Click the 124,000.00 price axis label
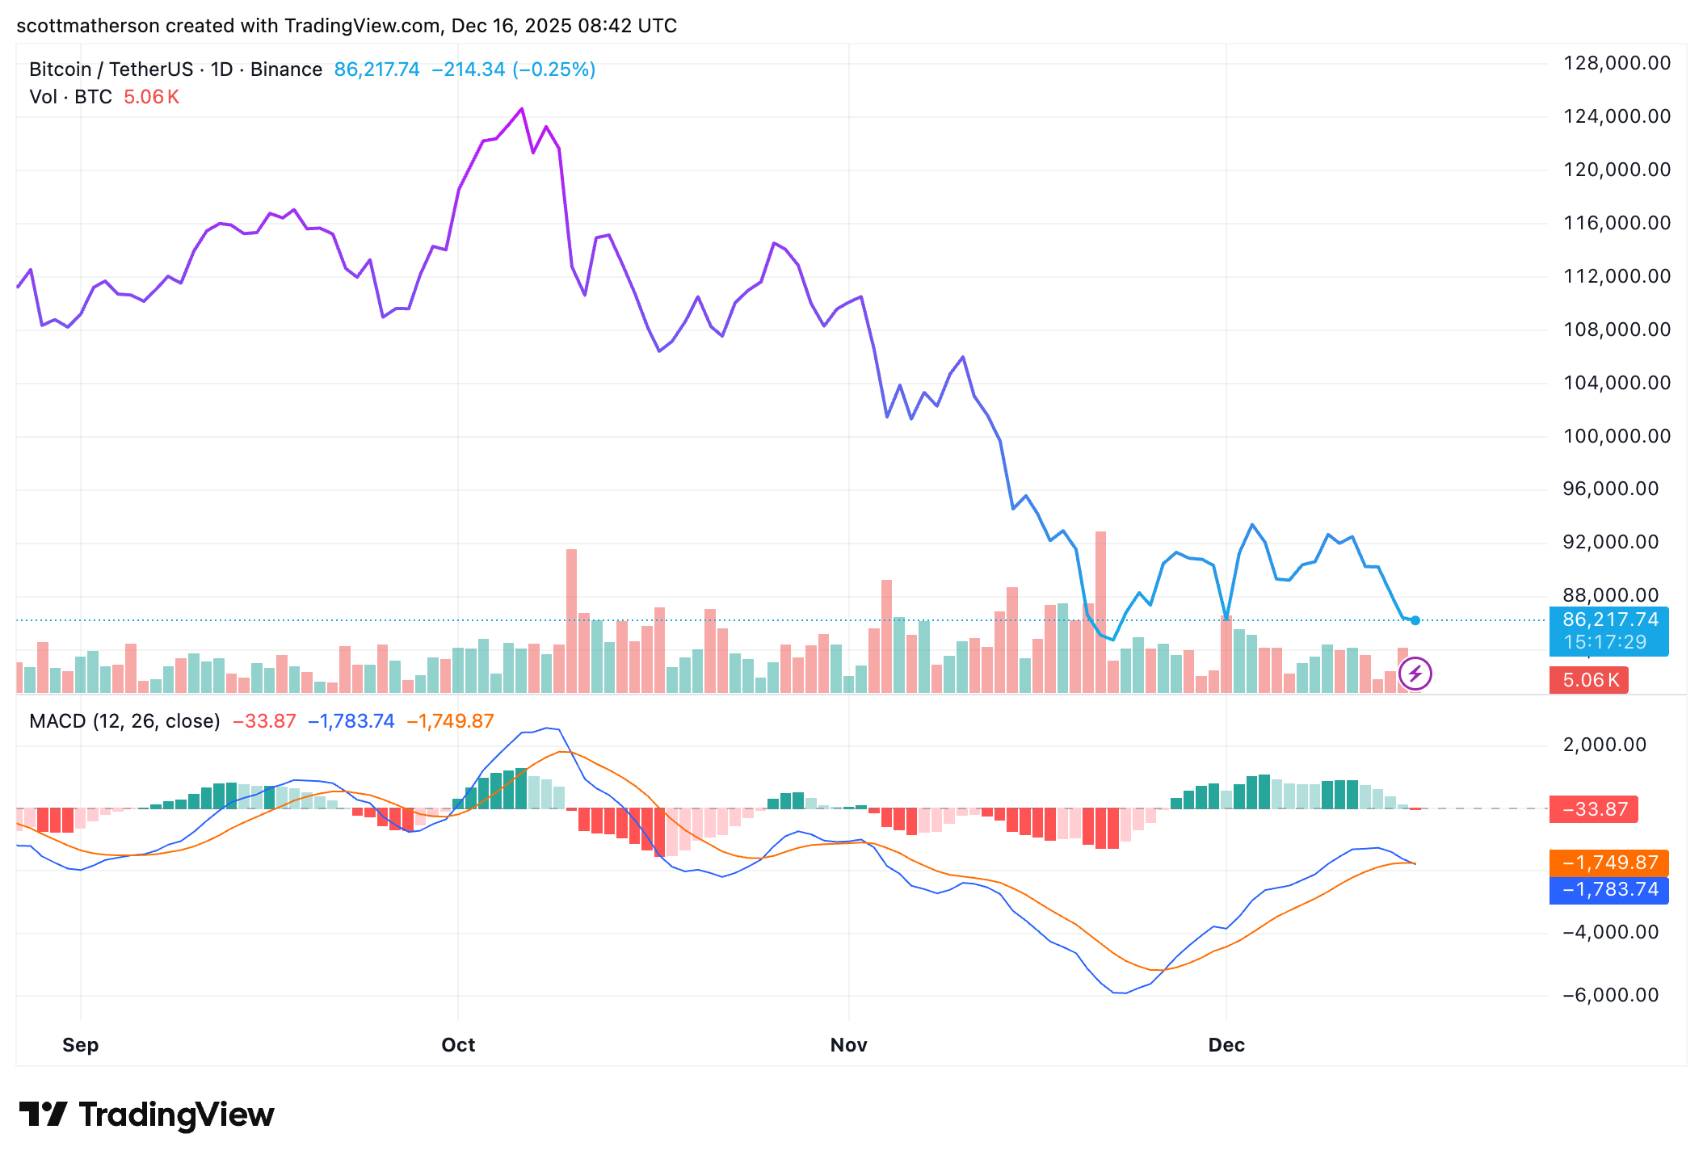[x=1617, y=116]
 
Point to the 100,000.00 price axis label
[x=1617, y=436]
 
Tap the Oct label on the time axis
[x=458, y=1045]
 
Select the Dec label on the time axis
[x=1226, y=1045]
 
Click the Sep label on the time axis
[x=81, y=1045]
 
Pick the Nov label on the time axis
[x=848, y=1045]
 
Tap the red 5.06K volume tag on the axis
[x=1589, y=680]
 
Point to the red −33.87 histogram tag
[x=1594, y=809]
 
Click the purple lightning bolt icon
[x=1415, y=674]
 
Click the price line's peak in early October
[x=522, y=109]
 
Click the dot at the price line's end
[x=1415, y=620]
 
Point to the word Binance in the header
[x=286, y=69]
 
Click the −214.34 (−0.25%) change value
[x=514, y=69]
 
